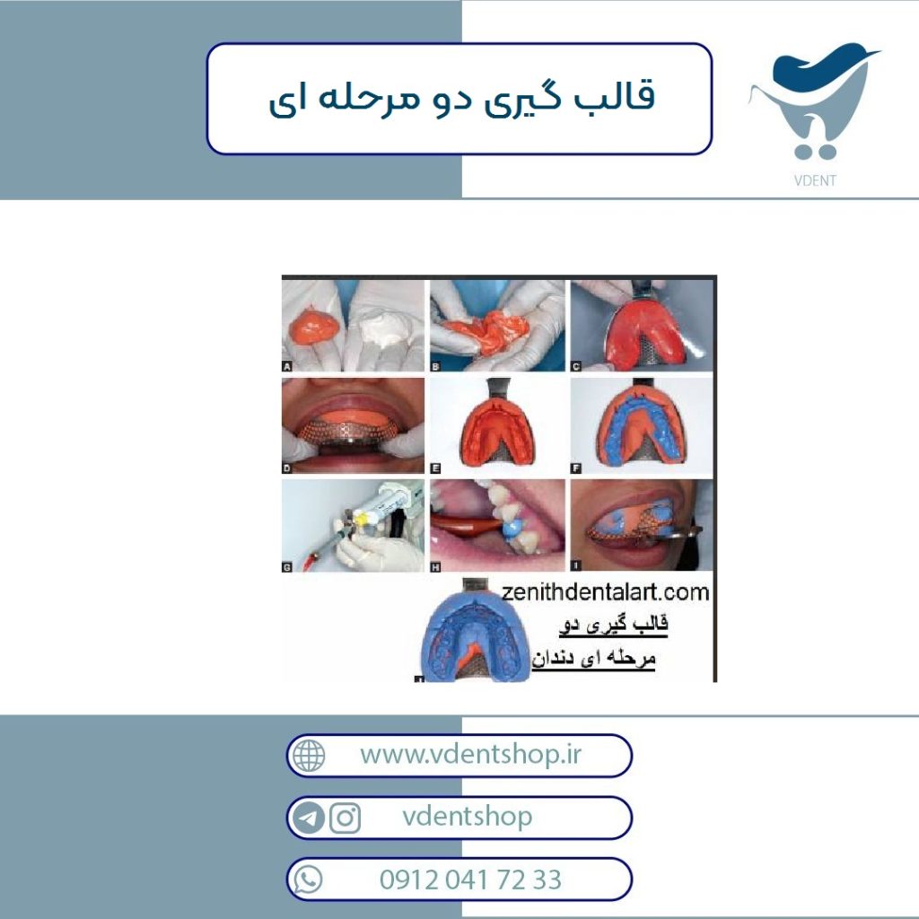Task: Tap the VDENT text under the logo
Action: tap(815, 180)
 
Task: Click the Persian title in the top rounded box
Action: tap(461, 99)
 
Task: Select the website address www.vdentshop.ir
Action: tap(470, 754)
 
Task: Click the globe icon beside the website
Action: tap(309, 756)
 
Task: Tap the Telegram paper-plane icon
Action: tap(309, 818)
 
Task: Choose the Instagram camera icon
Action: tap(345, 818)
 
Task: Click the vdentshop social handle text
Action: tap(467, 817)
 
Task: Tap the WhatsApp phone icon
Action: tap(308, 880)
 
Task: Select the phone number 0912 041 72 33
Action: tap(470, 880)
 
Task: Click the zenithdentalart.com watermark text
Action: tap(605, 592)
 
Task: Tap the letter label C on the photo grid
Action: tap(575, 366)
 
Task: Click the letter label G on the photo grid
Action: tap(286, 567)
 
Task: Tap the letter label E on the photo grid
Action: tap(435, 468)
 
